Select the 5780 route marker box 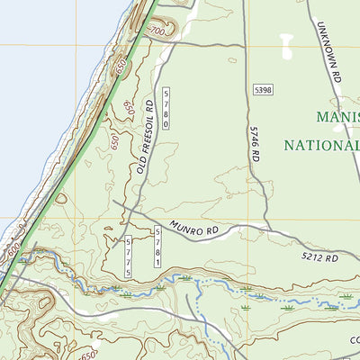click(x=166, y=108)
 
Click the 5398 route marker click(x=263, y=90)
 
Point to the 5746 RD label click(x=255, y=142)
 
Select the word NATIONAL click(x=322, y=144)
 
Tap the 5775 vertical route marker click(x=129, y=256)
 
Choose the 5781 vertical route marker click(x=157, y=246)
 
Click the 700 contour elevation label click(x=157, y=31)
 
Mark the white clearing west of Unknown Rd click(x=288, y=45)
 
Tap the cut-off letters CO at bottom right click(x=353, y=339)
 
